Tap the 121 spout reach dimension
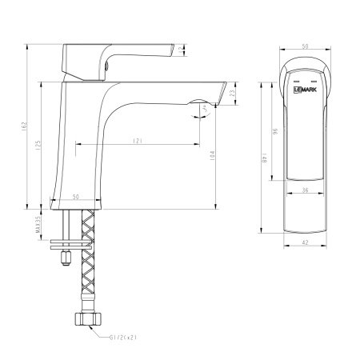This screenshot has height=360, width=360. tap(138, 142)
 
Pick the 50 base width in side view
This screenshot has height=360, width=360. tap(76, 196)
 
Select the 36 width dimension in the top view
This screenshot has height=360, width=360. tap(306, 190)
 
